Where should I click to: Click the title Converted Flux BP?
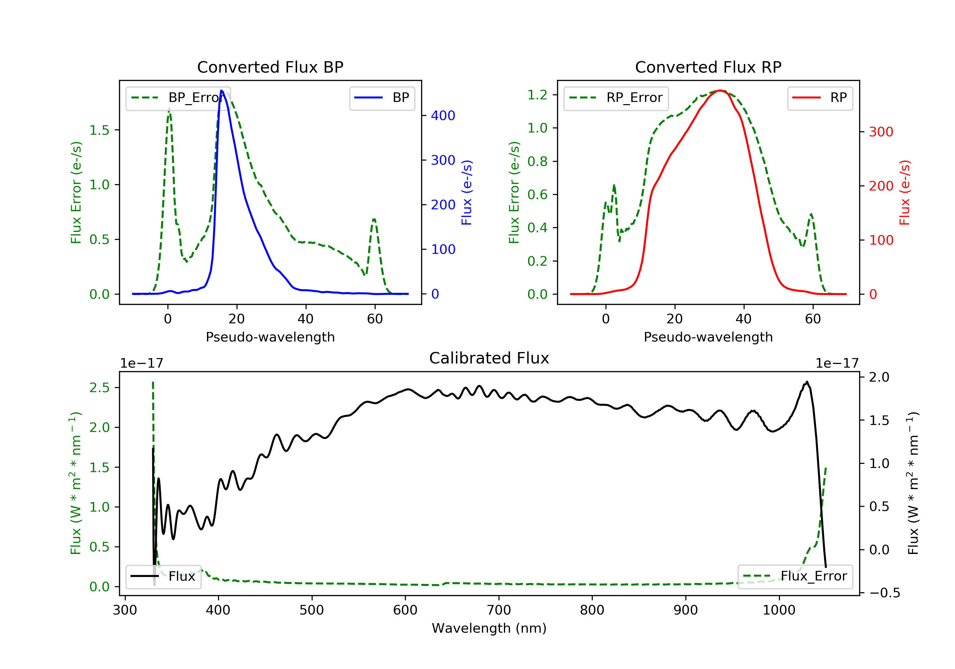270,67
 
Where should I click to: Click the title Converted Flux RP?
708,67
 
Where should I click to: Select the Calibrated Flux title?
489,358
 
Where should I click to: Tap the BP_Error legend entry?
178,98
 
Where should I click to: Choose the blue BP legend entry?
382,98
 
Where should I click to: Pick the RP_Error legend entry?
616,98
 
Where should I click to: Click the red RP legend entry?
820,98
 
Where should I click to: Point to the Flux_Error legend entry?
795,576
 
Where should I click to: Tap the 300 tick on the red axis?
881,132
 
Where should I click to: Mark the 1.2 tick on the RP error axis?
537,95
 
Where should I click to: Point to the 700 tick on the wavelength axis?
499,610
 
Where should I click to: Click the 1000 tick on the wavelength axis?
779,610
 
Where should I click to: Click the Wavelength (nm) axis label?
489,628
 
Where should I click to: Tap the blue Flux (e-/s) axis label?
467,192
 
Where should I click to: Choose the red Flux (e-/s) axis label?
905,192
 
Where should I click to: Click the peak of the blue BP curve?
222,90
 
